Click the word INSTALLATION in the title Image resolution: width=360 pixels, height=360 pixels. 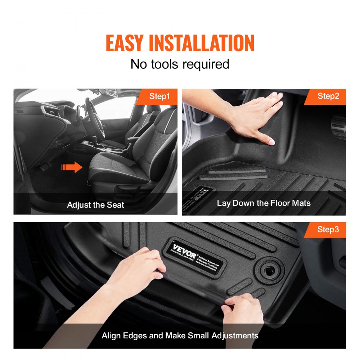click(202, 43)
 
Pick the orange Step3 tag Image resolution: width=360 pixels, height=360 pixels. click(328, 229)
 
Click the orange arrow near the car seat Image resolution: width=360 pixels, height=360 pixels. click(72, 167)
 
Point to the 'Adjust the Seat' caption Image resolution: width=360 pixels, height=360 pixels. click(95, 205)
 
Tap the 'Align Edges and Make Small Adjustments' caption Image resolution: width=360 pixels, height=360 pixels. click(180, 336)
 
